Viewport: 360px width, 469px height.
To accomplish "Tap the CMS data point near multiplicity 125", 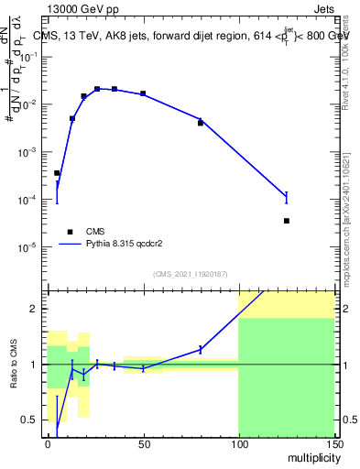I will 287,221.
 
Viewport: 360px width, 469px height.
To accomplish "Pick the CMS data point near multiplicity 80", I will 201,123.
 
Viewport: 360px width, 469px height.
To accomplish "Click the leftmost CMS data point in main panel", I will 57,173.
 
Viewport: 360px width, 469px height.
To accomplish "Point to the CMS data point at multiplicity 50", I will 143,93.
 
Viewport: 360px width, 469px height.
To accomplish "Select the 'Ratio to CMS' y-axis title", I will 16,364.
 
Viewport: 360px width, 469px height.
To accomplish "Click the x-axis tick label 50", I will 143,444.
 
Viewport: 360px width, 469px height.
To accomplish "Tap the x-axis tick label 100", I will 238,444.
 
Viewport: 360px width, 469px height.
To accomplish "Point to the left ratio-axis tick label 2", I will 36,309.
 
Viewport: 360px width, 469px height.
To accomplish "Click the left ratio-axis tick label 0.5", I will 33,420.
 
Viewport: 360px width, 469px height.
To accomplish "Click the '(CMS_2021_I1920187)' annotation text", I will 191,274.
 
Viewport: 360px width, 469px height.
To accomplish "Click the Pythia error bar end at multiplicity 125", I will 287,191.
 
